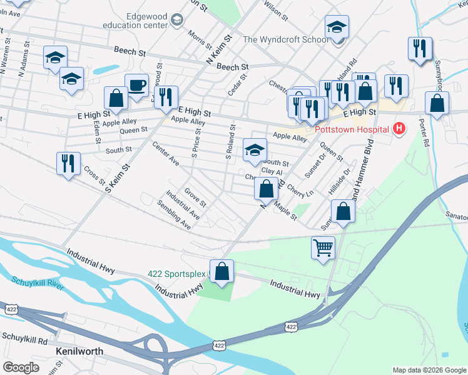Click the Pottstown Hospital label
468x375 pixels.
click(x=352, y=131)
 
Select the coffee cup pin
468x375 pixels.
click(x=136, y=86)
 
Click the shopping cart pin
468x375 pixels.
click(x=323, y=247)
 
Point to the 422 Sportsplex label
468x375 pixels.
click(x=177, y=274)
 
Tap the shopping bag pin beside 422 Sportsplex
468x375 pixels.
click(x=221, y=271)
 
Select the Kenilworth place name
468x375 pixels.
click(x=79, y=351)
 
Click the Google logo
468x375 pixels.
click(x=21, y=367)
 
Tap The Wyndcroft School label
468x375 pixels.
click(x=285, y=39)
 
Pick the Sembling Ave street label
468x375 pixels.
click(x=175, y=214)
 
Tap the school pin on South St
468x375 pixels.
click(x=255, y=150)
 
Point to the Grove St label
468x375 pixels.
click(x=195, y=197)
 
